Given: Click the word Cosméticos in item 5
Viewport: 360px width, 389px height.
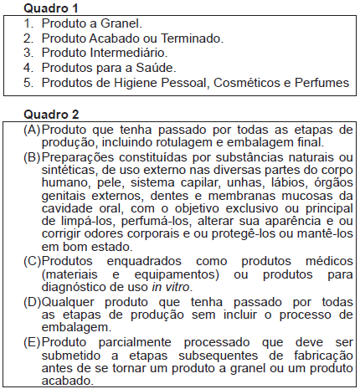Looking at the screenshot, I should tap(247, 83).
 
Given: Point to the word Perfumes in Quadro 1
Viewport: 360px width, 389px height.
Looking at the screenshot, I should tap(324, 83).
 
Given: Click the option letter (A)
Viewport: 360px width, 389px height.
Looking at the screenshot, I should tap(33, 130).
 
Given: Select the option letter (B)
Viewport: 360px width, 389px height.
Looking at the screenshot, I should tap(33, 158).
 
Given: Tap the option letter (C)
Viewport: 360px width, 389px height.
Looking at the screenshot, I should tap(33, 260).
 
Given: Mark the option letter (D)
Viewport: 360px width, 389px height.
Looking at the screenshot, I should tap(33, 300).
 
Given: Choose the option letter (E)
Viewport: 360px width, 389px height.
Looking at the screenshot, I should tap(33, 342).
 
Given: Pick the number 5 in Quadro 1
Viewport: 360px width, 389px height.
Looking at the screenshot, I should tap(27, 83).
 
